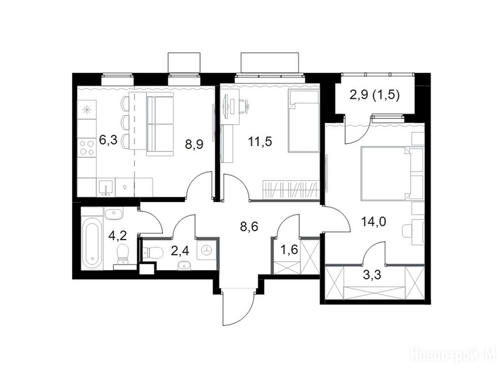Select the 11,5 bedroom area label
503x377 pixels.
coord(260,141)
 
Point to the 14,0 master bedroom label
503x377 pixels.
coord(373,221)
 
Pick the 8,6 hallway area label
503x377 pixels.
coord(249,227)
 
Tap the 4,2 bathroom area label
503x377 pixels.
coord(118,236)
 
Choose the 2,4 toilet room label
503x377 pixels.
coord(180,251)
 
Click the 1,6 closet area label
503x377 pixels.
coord(289,249)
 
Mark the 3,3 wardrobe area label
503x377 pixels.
coord(373,275)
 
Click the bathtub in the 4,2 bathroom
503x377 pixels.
coord(92,242)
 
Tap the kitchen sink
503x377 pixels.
coord(106,188)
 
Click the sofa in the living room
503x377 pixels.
coord(160,124)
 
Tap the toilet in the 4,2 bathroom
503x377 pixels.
coord(122,255)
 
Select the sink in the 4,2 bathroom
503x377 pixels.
coord(113,214)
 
